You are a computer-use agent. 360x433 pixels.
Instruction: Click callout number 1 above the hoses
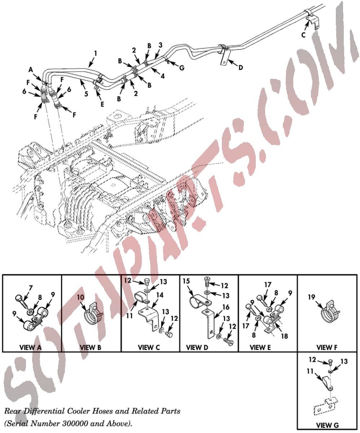(95, 54)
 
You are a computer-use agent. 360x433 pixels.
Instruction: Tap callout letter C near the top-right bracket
(303, 35)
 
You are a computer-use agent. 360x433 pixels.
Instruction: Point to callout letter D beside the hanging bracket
(241, 67)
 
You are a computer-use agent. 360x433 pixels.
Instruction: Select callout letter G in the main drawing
(182, 67)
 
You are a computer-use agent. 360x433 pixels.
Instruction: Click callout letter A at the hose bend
(31, 70)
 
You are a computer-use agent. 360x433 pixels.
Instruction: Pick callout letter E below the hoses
(102, 104)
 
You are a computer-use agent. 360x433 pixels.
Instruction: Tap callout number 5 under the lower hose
(86, 94)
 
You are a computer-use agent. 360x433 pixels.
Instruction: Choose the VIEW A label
(30, 347)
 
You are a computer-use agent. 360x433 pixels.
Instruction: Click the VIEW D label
(197, 347)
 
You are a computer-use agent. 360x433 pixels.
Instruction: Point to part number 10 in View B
(81, 298)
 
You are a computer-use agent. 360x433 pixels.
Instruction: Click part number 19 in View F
(311, 297)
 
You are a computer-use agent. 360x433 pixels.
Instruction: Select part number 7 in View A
(31, 288)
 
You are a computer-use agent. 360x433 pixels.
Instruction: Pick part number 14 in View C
(160, 295)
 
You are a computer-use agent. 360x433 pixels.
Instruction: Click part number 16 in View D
(226, 307)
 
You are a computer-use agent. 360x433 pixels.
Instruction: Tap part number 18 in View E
(285, 336)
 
